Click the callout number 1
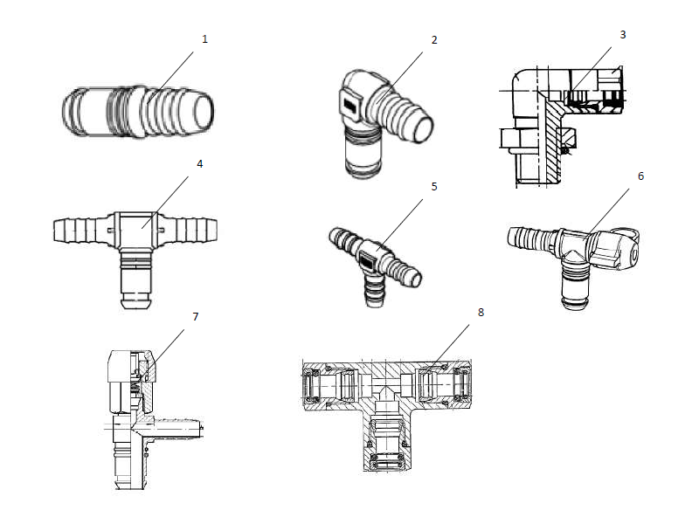tap(205, 39)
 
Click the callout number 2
tap(434, 40)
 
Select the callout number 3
tap(623, 35)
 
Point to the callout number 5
tap(434, 186)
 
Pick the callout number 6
tap(640, 176)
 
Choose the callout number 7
tap(195, 316)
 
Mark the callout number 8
tap(481, 312)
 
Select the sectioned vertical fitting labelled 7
tap(140, 410)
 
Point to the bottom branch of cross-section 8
tap(388, 445)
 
